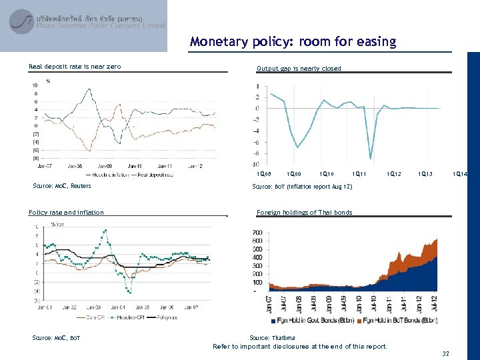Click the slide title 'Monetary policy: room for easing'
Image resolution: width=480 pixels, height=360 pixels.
[293, 42]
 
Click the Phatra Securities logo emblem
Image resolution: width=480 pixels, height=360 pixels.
[22, 21]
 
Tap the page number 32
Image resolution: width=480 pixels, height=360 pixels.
[445, 353]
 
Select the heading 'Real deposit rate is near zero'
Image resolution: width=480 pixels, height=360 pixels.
[75, 66]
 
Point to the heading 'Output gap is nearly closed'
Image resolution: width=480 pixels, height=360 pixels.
[299, 68]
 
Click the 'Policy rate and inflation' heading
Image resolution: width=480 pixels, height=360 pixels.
[66, 213]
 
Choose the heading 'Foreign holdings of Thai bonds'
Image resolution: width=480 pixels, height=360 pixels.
[304, 213]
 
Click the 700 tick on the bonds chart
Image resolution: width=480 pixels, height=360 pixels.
[257, 232]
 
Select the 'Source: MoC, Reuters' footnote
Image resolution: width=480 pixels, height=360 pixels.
[62, 186]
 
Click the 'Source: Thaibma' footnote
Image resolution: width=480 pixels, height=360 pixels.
[272, 338]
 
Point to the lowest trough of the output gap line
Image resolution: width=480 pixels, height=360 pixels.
[370, 158]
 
